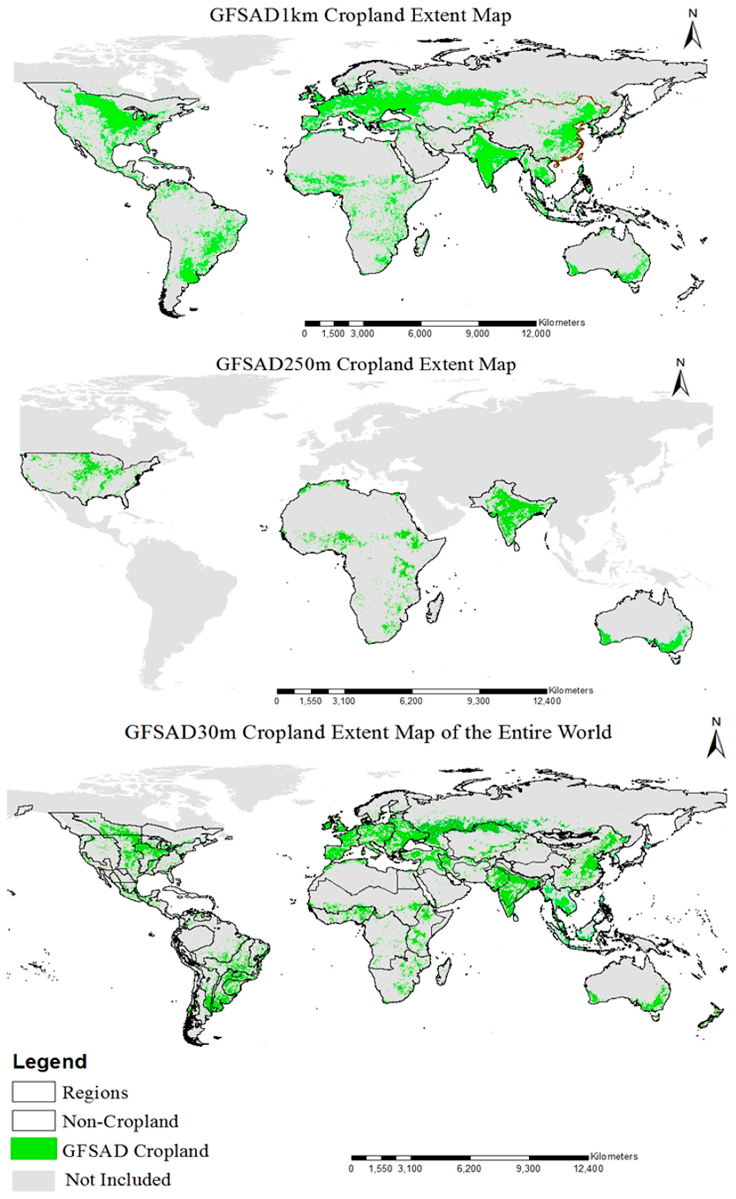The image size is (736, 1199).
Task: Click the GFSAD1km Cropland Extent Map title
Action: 360,15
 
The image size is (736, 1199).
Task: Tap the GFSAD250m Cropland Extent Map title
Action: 365,364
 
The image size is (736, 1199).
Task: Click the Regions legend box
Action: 33,1092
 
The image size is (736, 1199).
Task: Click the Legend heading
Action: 50,1062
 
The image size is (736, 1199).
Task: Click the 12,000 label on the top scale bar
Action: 535,334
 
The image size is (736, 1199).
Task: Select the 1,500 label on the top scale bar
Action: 333,334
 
